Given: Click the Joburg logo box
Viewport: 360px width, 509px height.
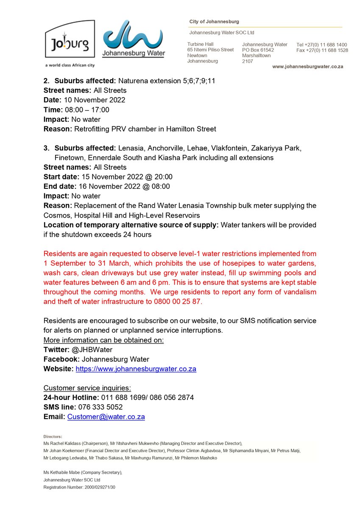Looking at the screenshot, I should point(70,39).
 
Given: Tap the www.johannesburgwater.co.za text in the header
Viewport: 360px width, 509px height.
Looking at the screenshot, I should point(307,67).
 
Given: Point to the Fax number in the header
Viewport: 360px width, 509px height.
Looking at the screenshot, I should point(322,50).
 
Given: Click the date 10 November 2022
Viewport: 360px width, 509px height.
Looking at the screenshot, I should point(95,100).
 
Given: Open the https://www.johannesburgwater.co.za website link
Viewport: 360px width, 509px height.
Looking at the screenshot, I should point(136,369).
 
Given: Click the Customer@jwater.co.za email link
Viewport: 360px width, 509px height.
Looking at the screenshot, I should point(106,417).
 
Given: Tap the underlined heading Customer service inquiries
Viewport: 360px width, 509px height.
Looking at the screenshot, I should point(87,388).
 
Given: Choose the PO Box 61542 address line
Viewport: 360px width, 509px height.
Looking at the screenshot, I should point(258,50).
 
